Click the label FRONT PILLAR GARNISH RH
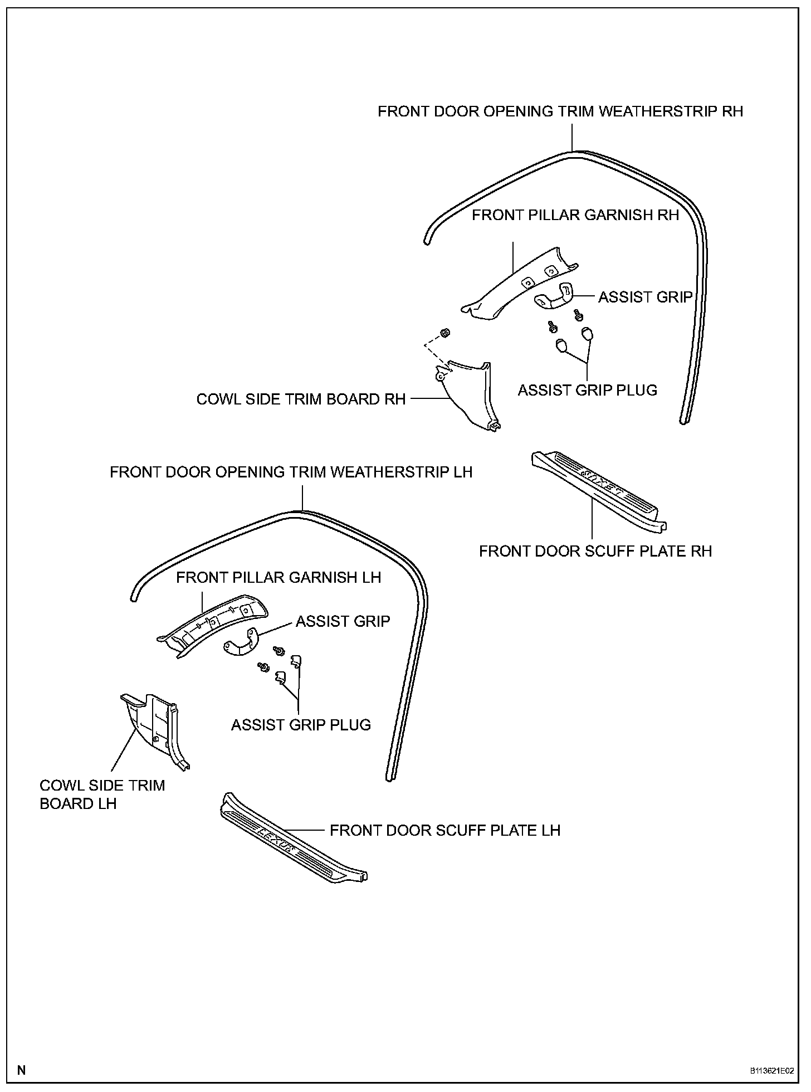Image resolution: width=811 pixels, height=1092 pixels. [575, 215]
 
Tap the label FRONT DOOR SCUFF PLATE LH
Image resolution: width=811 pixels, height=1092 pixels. [444, 830]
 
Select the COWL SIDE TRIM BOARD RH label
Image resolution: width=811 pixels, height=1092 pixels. [301, 399]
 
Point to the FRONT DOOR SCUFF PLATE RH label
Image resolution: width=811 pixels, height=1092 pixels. [595, 551]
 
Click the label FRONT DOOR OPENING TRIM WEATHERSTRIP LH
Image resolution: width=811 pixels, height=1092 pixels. [291, 472]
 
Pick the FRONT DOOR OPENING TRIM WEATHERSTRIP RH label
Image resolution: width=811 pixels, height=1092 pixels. [560, 111]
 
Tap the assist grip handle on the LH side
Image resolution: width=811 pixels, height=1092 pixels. [240, 643]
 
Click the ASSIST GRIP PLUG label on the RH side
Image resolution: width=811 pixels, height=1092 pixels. [588, 390]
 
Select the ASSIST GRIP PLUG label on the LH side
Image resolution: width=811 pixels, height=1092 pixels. [301, 725]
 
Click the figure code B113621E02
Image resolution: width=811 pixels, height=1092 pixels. [770, 1071]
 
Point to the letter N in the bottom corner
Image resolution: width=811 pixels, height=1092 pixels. [21, 1070]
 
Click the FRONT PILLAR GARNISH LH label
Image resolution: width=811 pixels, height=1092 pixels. [279, 577]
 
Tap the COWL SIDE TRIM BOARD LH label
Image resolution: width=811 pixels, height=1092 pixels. [102, 794]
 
